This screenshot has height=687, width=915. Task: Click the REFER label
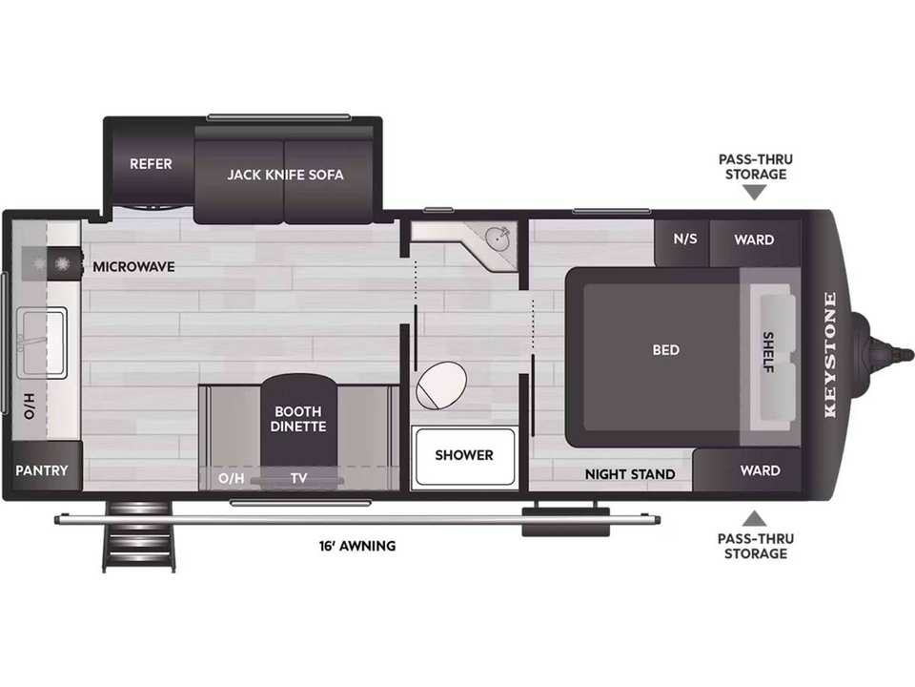coord(151,163)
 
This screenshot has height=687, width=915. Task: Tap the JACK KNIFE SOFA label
coord(285,175)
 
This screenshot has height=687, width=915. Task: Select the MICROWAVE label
coord(133,267)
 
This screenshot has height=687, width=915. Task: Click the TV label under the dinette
coord(298,478)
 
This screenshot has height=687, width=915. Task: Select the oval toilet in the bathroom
coord(441,385)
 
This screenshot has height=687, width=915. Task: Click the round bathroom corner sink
coord(498,239)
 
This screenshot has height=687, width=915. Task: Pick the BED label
coord(666,350)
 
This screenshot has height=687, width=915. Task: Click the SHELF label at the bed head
coord(768,352)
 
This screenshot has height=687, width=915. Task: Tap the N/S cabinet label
coord(685,239)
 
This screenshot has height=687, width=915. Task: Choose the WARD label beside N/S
coord(754,239)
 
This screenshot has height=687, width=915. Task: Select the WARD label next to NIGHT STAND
coord(761,470)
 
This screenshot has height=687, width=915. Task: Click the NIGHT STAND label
coord(630,474)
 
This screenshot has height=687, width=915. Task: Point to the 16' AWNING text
coord(357,546)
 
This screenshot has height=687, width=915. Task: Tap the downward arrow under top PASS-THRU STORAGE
coord(755,193)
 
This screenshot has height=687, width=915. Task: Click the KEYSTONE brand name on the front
coord(830,355)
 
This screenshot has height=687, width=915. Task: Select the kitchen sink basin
coord(43,343)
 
